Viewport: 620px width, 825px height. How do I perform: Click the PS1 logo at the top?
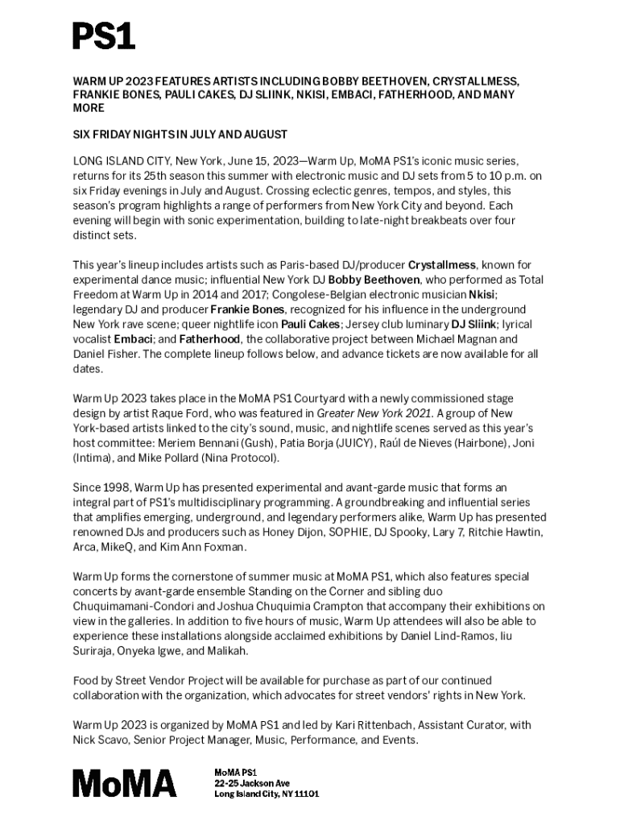[x=104, y=36]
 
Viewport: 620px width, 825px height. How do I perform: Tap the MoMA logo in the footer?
[x=125, y=782]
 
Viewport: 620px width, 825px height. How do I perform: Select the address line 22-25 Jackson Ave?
[x=251, y=783]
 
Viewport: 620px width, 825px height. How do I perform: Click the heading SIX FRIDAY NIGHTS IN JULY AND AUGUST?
[x=180, y=134]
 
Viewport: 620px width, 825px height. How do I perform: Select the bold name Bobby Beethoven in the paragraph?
[x=374, y=280]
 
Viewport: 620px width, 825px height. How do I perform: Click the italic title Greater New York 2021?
[x=375, y=413]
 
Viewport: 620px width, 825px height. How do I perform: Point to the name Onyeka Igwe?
[x=164, y=651]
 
